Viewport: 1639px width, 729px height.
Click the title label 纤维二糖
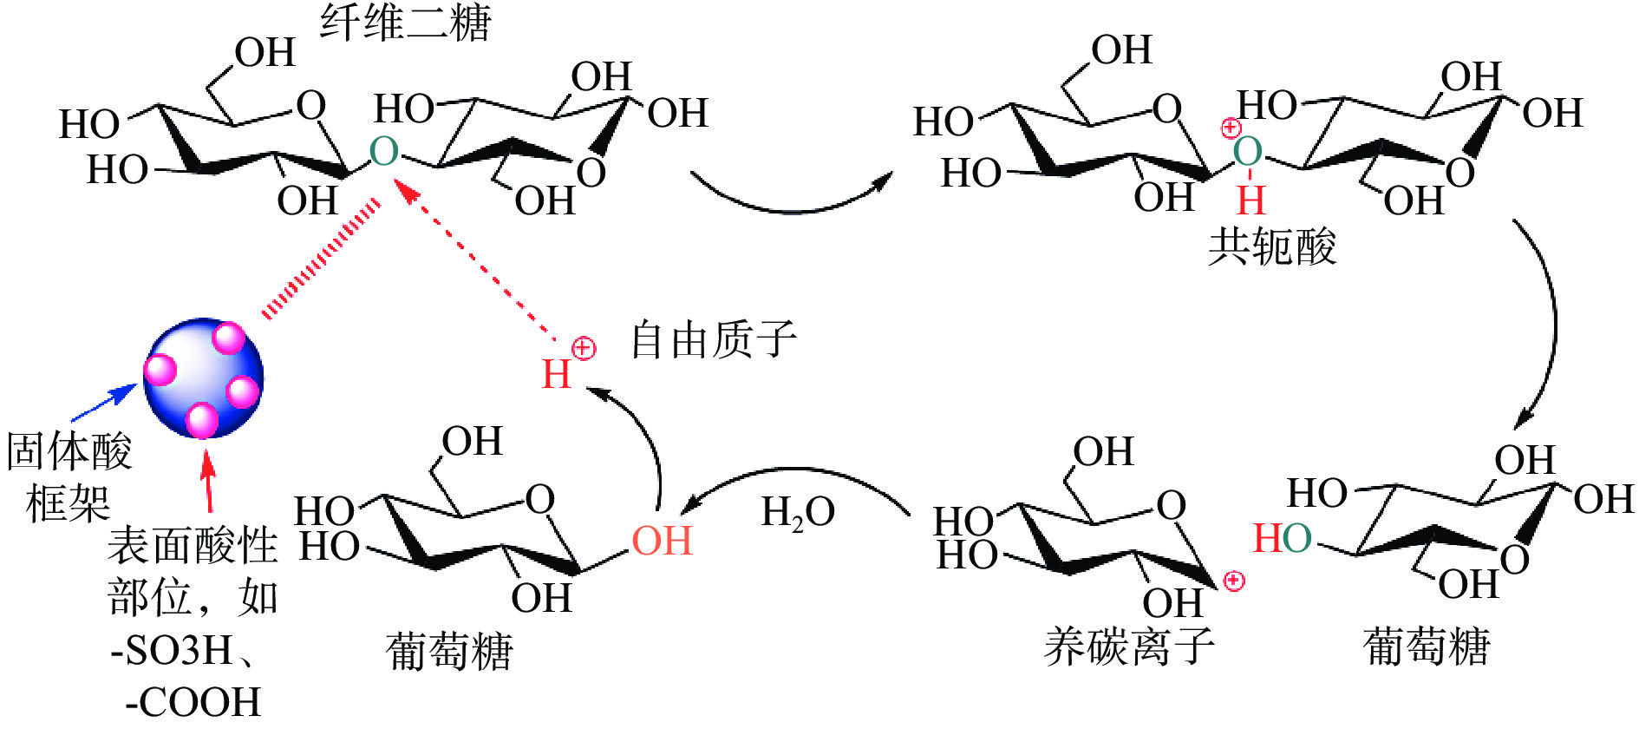tap(405, 23)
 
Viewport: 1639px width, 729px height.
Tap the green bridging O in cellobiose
tap(383, 152)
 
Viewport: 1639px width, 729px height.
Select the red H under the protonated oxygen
tap(1250, 200)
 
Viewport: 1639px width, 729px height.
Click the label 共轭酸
tap(1272, 246)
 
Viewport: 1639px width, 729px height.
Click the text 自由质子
tap(713, 339)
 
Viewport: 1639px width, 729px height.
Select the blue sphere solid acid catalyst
tap(203, 378)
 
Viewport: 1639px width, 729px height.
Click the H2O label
tap(797, 512)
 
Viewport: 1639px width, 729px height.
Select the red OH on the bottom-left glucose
tap(662, 541)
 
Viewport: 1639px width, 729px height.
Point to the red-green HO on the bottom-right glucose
tap(1282, 538)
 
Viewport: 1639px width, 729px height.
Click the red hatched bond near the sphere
tap(321, 259)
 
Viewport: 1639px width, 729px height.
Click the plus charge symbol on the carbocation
tap(1233, 581)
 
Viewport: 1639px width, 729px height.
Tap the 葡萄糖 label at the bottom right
tap(1427, 647)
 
